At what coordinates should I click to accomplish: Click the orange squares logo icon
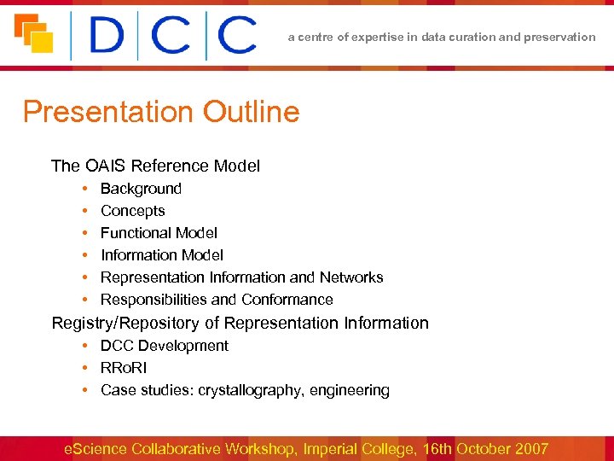pyautogui.click(x=33, y=34)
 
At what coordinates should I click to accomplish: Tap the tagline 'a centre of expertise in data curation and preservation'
pyautogui.click(x=442, y=37)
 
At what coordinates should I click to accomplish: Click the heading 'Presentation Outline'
pyautogui.click(x=161, y=112)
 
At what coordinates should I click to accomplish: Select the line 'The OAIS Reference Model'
pyautogui.click(x=155, y=166)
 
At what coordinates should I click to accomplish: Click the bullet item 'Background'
pyautogui.click(x=141, y=189)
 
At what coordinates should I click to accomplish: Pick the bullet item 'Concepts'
pyautogui.click(x=132, y=211)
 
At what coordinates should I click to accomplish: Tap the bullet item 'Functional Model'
pyautogui.click(x=159, y=233)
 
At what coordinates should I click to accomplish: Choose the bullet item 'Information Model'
pyautogui.click(x=162, y=255)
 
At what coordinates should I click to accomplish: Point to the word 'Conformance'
pyautogui.click(x=287, y=300)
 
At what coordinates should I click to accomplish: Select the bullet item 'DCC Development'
pyautogui.click(x=165, y=346)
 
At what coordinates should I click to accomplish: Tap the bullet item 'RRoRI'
pyautogui.click(x=124, y=368)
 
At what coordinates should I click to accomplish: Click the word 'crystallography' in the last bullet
pyautogui.click(x=250, y=390)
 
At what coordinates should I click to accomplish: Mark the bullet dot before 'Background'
pyautogui.click(x=86, y=189)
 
